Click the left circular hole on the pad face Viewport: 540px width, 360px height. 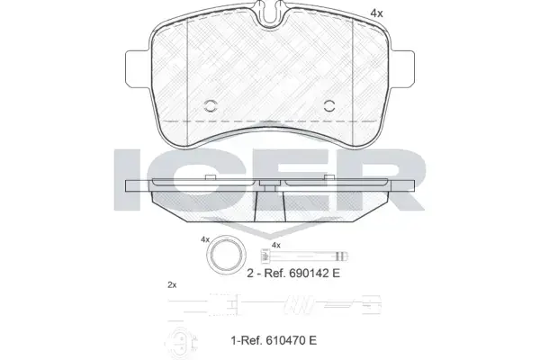click(211, 106)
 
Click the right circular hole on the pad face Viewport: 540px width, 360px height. click(329, 106)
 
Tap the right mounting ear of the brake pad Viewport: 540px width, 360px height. click(402, 69)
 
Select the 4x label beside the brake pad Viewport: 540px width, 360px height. click(376, 13)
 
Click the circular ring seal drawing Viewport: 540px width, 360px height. click(226, 255)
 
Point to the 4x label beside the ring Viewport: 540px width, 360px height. click(205, 239)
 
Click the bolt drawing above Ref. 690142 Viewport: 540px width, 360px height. click(304, 256)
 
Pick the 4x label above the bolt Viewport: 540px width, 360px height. click(276, 246)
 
